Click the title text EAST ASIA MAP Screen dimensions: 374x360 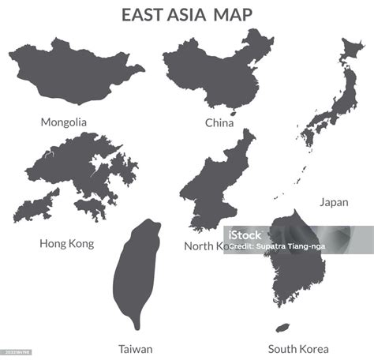186,15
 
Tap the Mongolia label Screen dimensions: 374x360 64,122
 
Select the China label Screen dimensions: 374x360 219,123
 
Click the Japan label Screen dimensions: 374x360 334,202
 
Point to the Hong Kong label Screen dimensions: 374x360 66,244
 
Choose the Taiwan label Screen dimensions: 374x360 136,349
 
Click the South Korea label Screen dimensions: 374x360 298,349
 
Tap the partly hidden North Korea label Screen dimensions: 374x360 202,246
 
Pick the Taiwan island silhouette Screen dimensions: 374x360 136,272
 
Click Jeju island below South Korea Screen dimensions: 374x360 282,328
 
